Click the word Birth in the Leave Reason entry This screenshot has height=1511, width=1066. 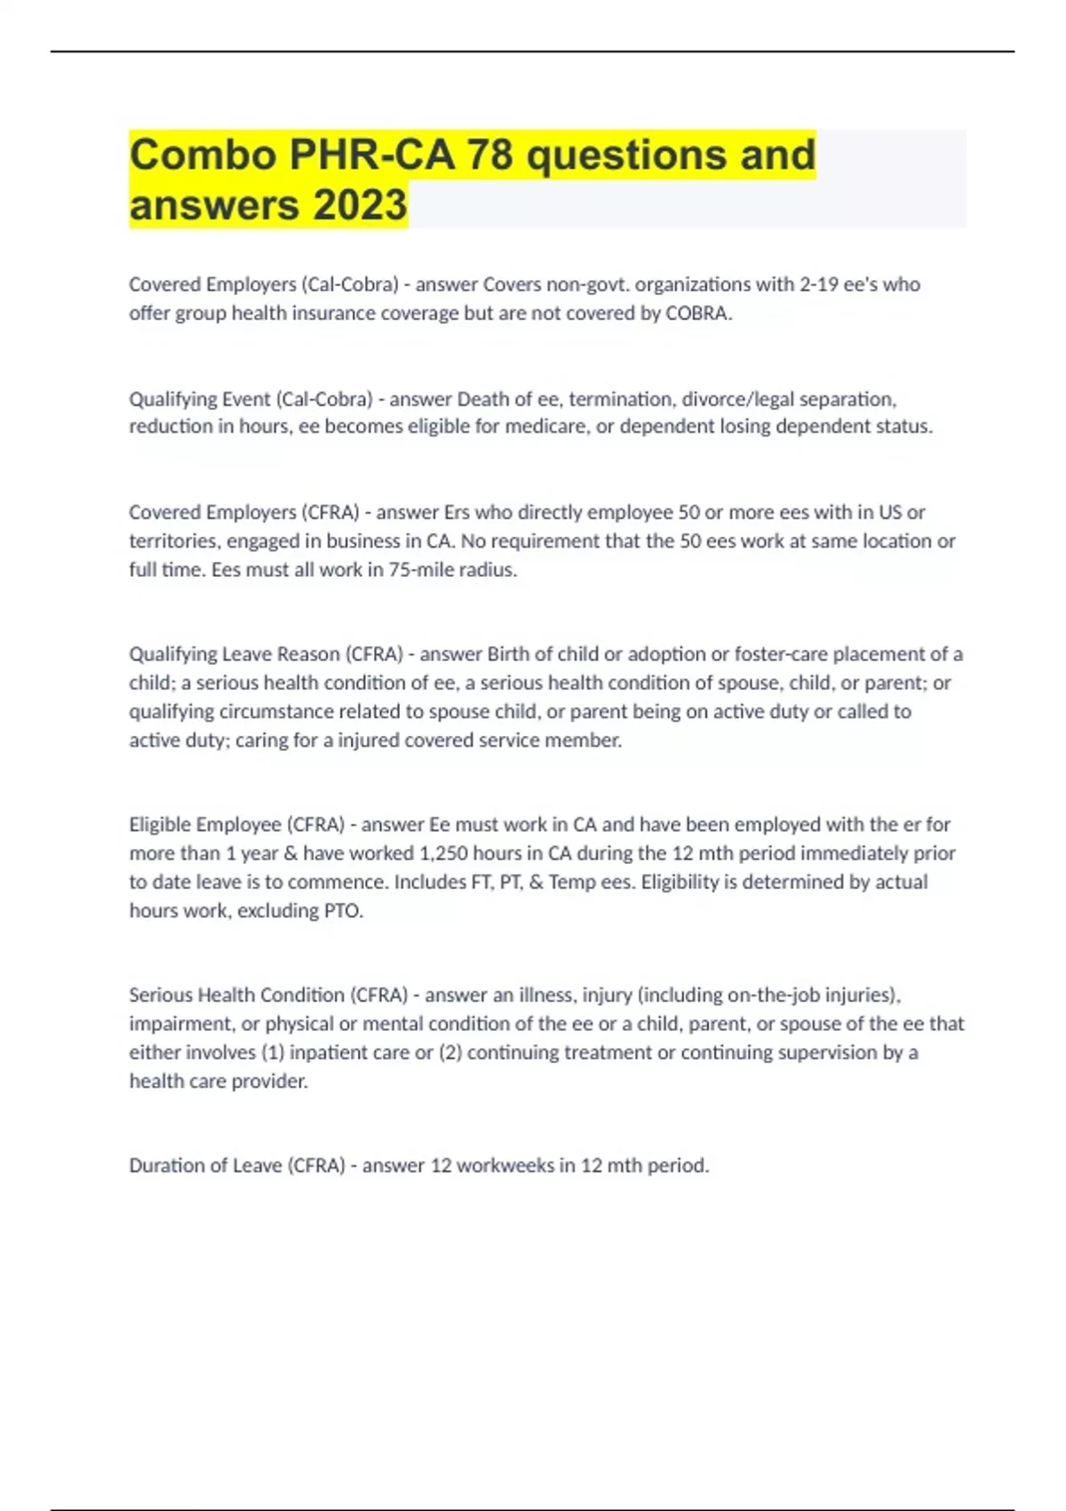(x=509, y=654)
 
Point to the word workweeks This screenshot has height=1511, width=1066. (x=505, y=1165)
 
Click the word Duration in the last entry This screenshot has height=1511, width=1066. (x=165, y=1165)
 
